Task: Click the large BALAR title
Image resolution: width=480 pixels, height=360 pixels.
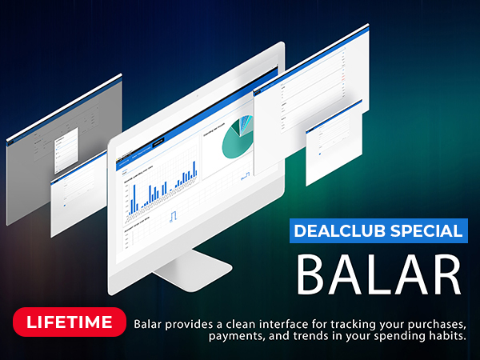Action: (x=380, y=274)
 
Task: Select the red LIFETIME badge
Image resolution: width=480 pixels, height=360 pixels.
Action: (x=70, y=323)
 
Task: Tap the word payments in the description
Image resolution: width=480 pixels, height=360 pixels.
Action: (x=234, y=336)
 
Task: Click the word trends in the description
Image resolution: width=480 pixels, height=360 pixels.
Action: (x=307, y=336)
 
